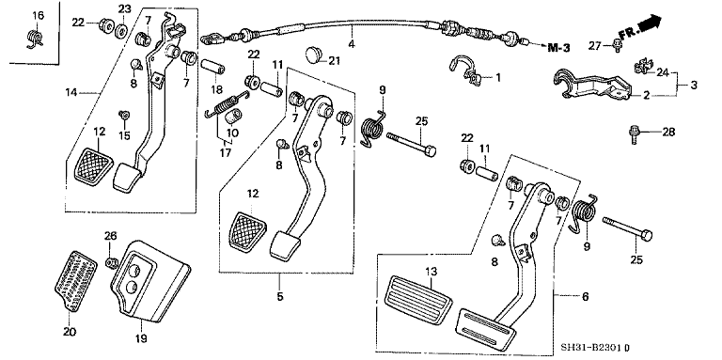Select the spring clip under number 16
(x=37, y=38)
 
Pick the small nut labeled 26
(x=111, y=260)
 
